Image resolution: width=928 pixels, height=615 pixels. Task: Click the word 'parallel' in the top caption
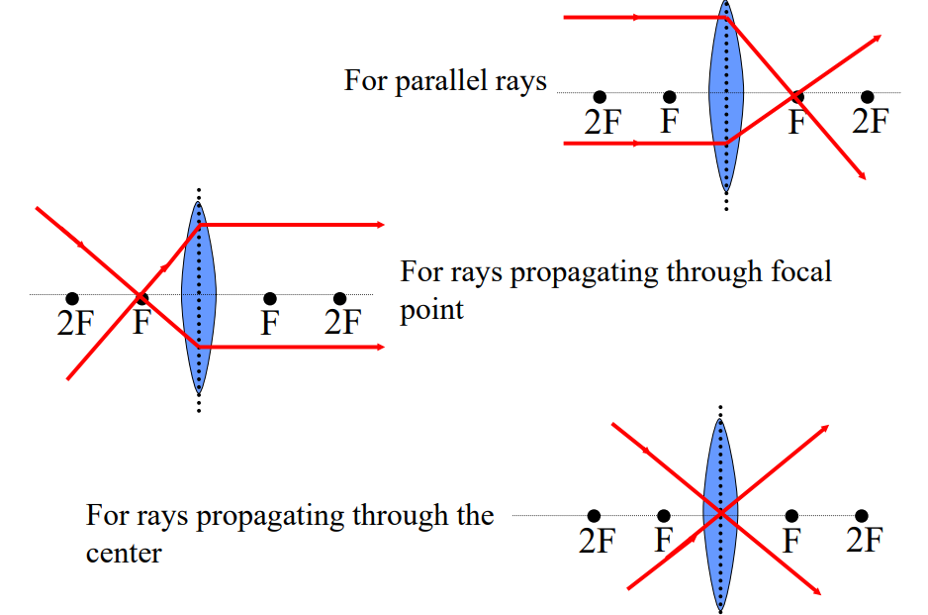[x=437, y=80]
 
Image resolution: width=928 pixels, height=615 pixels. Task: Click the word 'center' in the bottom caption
[x=124, y=553]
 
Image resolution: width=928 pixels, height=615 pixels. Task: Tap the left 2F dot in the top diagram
[x=600, y=96]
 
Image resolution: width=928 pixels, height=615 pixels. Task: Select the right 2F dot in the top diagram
[x=868, y=96]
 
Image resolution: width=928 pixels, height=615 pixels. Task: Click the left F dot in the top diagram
[x=670, y=96]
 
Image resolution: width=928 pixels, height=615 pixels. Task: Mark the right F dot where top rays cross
[x=796, y=96]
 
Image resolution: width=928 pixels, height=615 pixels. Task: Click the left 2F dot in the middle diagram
[x=72, y=298]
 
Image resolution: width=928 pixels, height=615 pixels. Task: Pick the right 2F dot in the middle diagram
[x=340, y=298]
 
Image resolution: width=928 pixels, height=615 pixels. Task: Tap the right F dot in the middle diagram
[x=270, y=298]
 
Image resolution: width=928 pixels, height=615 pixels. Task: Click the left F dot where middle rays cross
[x=141, y=297]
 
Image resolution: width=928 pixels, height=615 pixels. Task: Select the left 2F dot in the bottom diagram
[x=594, y=516]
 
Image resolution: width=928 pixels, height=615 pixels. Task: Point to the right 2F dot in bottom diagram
[x=862, y=516]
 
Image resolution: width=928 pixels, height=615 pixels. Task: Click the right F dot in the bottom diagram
[x=791, y=516]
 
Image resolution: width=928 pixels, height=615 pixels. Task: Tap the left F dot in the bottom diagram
[x=664, y=516]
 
